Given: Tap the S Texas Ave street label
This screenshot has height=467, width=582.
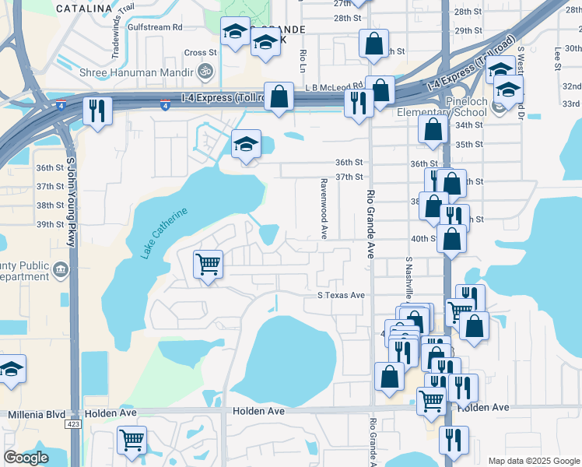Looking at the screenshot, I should click(341, 296).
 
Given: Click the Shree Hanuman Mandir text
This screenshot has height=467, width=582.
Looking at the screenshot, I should click(137, 73).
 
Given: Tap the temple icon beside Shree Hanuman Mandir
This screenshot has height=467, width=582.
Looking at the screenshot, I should click(205, 72).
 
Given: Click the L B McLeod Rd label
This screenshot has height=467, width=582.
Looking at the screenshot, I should click(335, 86).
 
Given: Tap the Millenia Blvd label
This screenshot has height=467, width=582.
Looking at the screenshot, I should click(36, 415).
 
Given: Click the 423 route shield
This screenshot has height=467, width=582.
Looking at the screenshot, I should click(74, 424).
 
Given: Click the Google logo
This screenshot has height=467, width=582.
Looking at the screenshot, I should click(26, 458).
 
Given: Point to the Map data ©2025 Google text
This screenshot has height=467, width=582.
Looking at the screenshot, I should click(534, 461).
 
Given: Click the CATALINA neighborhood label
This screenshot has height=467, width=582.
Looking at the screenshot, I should click(85, 9).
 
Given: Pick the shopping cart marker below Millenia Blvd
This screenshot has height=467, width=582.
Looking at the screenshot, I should click(131, 440).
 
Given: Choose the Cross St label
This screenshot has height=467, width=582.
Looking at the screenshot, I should click(201, 53).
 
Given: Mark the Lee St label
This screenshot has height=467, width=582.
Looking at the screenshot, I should click(557, 56).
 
